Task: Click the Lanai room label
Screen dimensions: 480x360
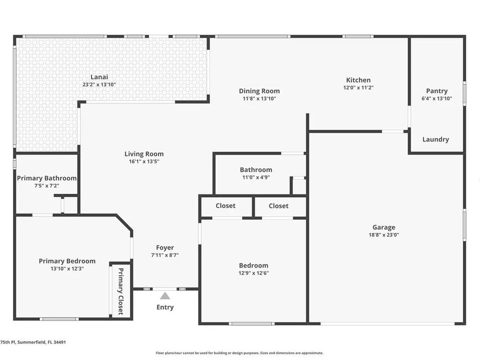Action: point(99,77)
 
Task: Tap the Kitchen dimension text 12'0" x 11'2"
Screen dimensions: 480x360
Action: point(358,87)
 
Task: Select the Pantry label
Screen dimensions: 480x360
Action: point(437,91)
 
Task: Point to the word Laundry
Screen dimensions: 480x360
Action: point(436,140)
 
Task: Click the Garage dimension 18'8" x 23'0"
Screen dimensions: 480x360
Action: point(384,235)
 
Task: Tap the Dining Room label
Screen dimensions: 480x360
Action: point(259,91)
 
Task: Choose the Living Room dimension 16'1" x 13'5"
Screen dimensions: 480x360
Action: point(144,161)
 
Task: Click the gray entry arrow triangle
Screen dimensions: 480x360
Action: point(165,296)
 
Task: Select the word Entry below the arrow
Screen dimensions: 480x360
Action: point(165,307)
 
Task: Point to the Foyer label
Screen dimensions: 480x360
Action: point(165,248)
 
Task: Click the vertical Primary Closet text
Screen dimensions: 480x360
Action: point(120,291)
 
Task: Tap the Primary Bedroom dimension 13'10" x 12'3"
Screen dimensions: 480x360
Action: point(67,269)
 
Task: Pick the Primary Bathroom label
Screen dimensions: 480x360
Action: point(47,178)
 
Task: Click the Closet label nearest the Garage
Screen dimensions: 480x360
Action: point(278,206)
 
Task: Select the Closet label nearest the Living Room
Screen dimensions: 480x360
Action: point(226,206)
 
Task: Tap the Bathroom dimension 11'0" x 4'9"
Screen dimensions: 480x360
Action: point(256,177)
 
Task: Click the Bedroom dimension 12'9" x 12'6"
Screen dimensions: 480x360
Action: point(254,273)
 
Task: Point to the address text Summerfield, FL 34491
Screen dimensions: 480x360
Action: point(41,342)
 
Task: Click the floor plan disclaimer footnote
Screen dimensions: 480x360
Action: point(240,353)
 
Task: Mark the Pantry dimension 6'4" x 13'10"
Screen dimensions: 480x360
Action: point(437,98)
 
